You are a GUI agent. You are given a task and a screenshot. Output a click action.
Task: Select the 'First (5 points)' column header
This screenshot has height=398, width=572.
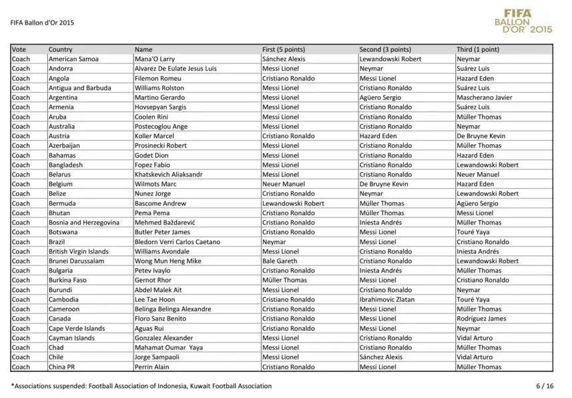tap(283, 49)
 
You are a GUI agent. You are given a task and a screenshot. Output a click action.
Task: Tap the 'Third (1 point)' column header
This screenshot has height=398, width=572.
tap(477, 49)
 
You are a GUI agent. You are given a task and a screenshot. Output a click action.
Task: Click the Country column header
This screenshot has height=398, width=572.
tap(61, 49)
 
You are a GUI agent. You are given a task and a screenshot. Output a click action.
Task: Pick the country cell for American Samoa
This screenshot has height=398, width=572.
tap(73, 59)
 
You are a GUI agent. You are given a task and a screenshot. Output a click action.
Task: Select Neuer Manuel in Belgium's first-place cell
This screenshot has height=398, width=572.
tap(283, 184)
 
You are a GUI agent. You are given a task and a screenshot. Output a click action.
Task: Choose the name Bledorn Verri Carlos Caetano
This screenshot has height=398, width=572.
tap(177, 242)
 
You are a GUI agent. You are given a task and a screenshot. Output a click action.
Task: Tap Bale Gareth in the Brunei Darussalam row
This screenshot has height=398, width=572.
tap(280, 261)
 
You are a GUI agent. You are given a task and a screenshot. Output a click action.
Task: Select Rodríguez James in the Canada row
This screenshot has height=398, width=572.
tap(481, 319)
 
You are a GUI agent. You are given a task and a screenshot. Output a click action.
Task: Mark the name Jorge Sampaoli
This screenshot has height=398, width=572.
tap(157, 357)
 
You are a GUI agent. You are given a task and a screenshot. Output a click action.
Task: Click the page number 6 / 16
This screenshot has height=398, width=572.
tap(545, 386)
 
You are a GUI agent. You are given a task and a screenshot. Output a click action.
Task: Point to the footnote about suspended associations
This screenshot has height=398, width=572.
tap(141, 386)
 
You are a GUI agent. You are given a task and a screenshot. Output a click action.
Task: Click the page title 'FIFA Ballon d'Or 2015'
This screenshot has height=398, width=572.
tap(43, 22)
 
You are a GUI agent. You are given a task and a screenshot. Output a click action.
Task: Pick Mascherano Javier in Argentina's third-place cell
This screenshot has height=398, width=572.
tap(484, 97)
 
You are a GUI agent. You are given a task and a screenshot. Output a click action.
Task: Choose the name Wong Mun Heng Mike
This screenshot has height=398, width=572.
tap(168, 261)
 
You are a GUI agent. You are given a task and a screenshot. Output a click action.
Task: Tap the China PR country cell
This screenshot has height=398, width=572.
tap(61, 367)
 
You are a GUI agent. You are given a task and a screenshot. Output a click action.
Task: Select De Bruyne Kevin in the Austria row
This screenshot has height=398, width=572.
tap(481, 136)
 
